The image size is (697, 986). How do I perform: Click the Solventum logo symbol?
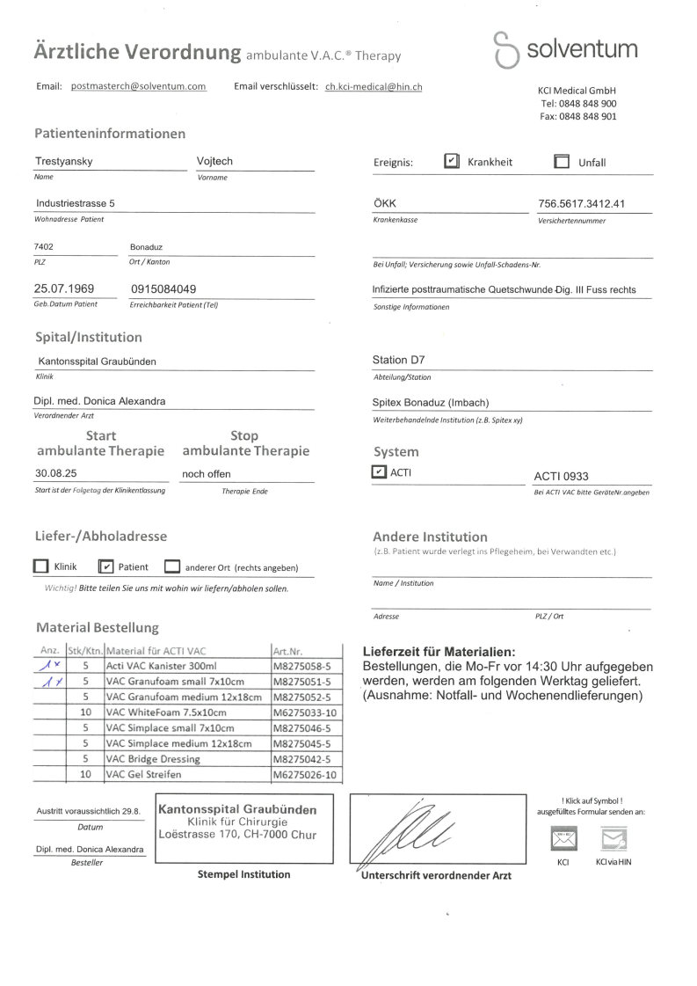pos(505,49)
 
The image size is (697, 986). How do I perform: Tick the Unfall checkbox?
pos(562,162)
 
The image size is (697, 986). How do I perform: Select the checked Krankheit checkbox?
pos(451,162)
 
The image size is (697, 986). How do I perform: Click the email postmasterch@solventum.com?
pos(138,86)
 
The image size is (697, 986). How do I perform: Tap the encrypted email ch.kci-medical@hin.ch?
pos(374,86)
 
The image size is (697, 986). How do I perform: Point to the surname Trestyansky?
pos(63,162)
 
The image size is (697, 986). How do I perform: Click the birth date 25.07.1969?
pos(64,288)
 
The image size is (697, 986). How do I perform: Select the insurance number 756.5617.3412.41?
pos(581,204)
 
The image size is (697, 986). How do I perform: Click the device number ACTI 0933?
pos(561,477)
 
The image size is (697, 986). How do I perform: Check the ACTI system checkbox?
pos(379,472)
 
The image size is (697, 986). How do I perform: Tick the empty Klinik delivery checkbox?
pos(40,566)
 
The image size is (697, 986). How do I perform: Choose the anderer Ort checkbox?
pos(172,566)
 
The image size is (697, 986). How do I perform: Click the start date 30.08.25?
pos(56,474)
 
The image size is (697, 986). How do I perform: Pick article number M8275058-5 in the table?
pos(301,667)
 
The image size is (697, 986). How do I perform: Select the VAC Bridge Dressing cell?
pos(152,759)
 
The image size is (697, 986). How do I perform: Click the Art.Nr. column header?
pos(288,652)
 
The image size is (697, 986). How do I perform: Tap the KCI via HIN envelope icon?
pos(613,839)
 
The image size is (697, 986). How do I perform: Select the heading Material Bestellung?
pos(98,628)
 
